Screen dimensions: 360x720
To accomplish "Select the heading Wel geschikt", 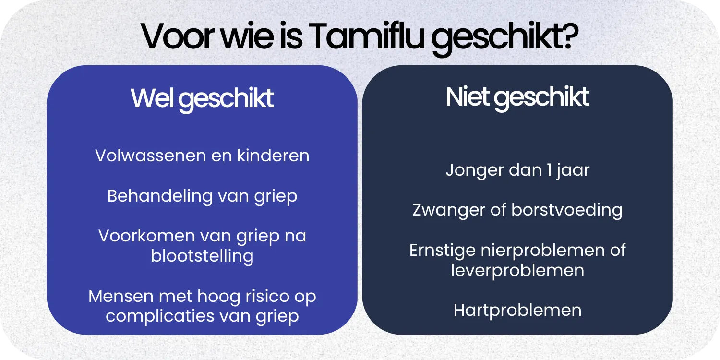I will [202, 98].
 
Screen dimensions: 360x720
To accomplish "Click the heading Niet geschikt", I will [517, 97].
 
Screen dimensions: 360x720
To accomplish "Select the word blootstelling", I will [202, 256].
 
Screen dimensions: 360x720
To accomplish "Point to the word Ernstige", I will [442, 250].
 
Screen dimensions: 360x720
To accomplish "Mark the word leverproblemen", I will [517, 270].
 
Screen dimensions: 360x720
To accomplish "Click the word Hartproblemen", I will [517, 310].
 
